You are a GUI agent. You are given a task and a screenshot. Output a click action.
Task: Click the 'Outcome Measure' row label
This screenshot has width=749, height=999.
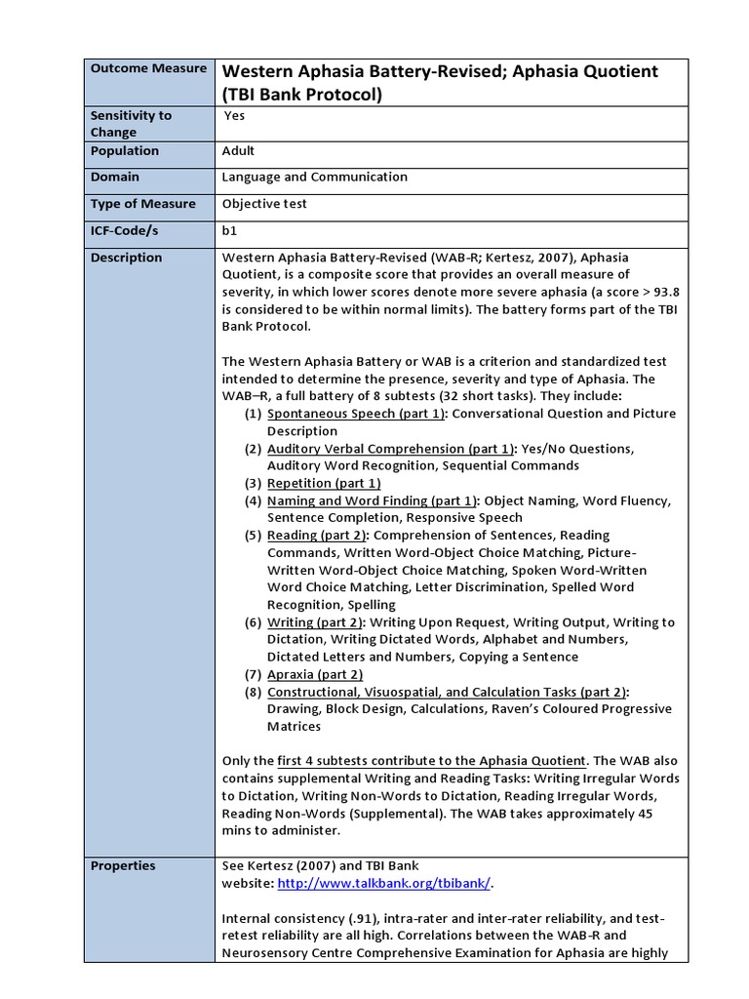[x=148, y=68]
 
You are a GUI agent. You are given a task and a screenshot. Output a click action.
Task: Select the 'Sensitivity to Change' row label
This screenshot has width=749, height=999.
[x=131, y=123]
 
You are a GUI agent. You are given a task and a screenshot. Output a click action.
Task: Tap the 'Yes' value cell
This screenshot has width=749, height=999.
[x=234, y=115]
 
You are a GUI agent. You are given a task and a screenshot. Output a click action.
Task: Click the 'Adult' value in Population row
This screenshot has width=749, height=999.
[x=238, y=151]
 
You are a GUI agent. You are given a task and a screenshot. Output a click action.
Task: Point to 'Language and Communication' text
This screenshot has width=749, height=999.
[x=314, y=178]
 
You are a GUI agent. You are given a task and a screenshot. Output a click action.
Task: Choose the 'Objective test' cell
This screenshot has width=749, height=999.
[x=263, y=204]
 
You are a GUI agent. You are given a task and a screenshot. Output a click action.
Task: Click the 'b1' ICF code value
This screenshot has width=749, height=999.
[x=230, y=231]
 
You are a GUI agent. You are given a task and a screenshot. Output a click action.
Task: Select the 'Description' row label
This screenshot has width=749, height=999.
[x=126, y=258]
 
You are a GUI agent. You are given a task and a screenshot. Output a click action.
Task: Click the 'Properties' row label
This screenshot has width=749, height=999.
[x=123, y=865]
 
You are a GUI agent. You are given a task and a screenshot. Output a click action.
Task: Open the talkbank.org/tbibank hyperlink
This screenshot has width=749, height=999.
[x=384, y=883]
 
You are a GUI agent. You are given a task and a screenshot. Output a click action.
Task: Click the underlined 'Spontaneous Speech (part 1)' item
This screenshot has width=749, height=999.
[x=356, y=414]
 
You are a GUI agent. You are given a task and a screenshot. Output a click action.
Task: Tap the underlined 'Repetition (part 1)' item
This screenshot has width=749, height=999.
[x=324, y=483]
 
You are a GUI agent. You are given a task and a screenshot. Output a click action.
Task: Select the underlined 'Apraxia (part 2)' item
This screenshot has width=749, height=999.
[x=315, y=674]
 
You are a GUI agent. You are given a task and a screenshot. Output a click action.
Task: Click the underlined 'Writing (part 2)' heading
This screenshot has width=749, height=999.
[x=315, y=622]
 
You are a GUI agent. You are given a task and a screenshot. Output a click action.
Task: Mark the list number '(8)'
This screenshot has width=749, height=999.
[x=254, y=692]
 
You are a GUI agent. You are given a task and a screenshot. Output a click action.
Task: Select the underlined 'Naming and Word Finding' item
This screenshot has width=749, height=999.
[x=372, y=500]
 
